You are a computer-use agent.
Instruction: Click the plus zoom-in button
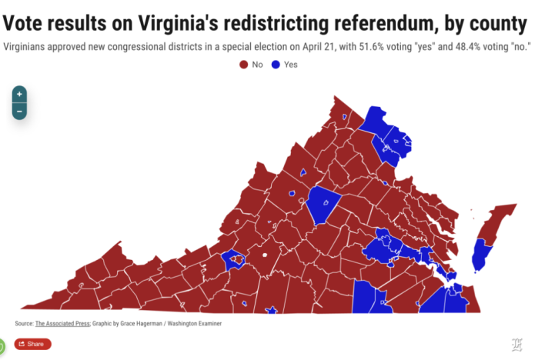[19, 94]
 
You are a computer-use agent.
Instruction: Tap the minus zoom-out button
[19, 111]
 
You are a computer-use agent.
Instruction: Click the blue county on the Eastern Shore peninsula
[480, 255]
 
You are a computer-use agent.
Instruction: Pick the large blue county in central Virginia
[323, 205]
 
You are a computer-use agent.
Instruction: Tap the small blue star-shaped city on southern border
[270, 310]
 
